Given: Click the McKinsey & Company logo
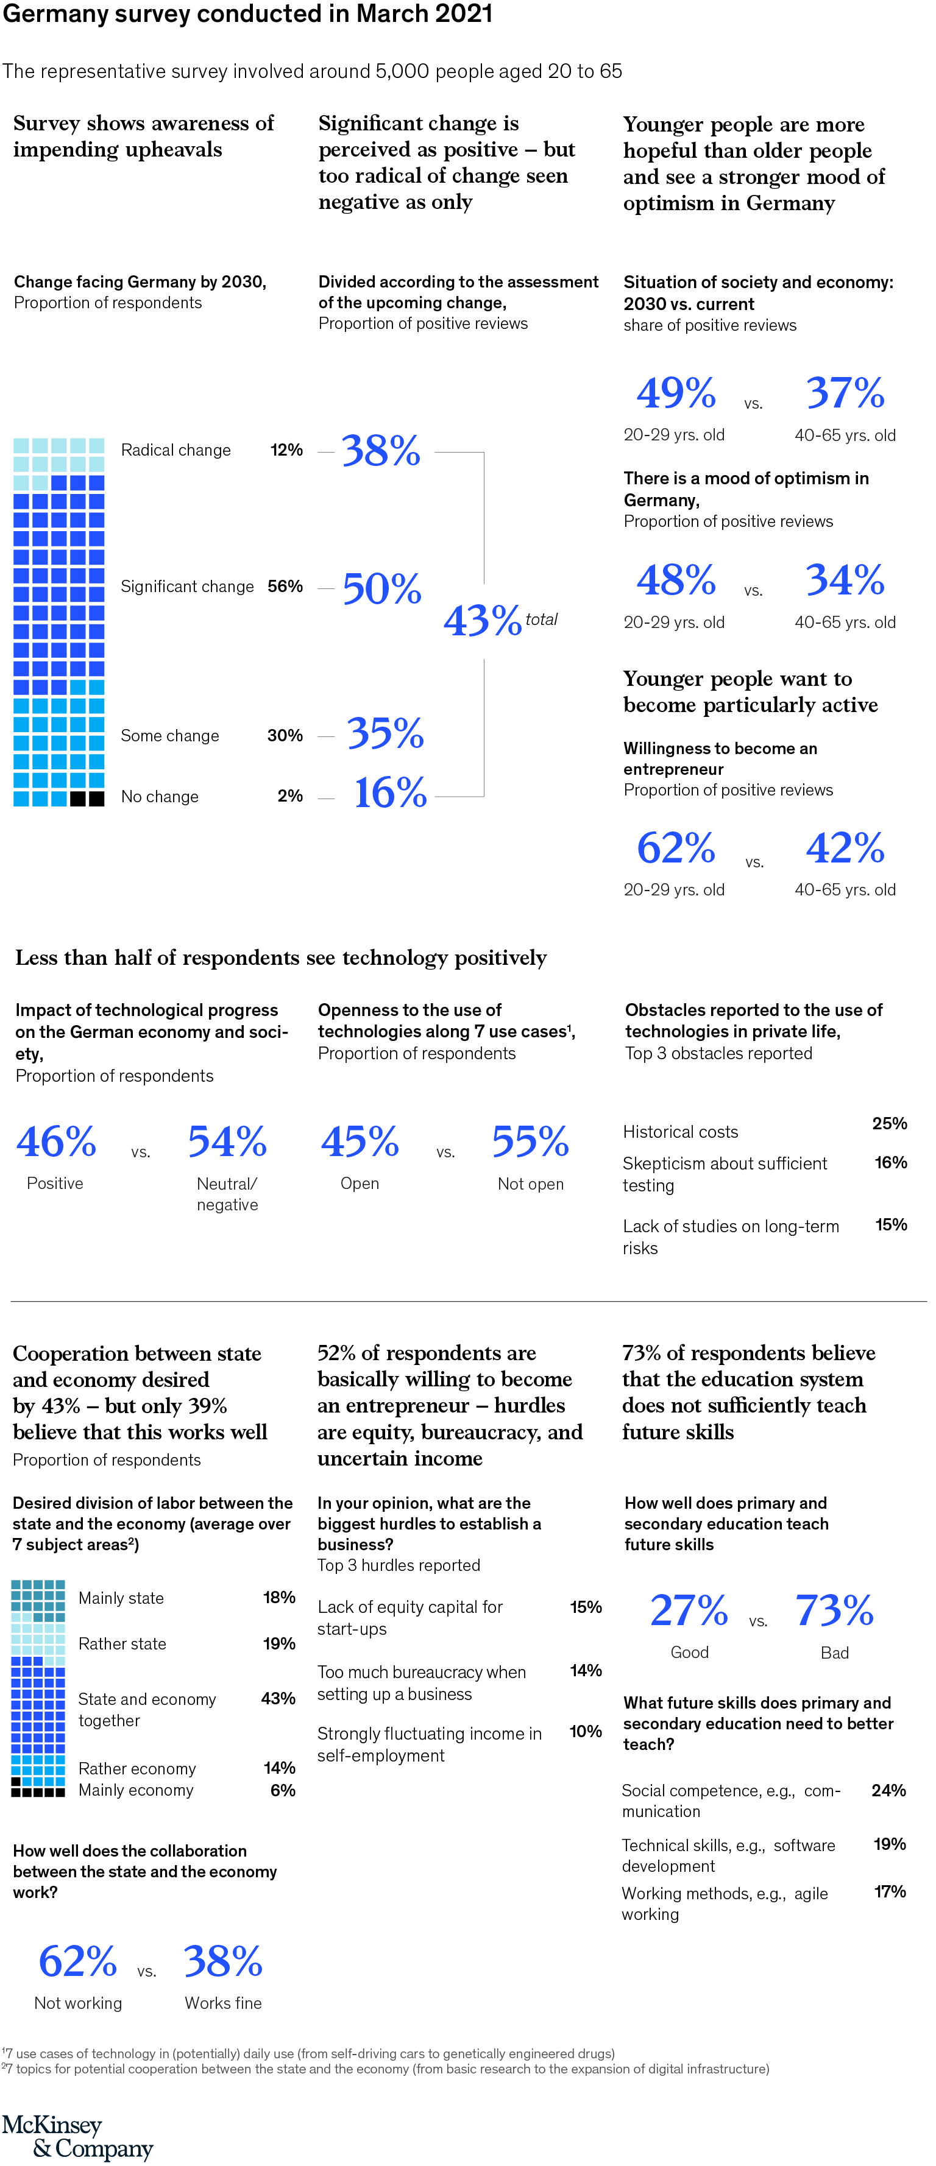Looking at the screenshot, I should click(x=77, y=2137).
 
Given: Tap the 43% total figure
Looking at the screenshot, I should click(x=484, y=621).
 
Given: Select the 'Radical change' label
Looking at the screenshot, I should click(x=175, y=450).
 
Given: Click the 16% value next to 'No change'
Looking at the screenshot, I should click(x=390, y=793).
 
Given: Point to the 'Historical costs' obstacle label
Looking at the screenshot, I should click(x=680, y=1132).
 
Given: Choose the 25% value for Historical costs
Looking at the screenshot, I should click(x=889, y=1123).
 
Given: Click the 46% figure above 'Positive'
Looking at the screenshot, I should click(x=56, y=1142).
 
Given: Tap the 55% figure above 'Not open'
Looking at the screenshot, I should click(x=531, y=1142).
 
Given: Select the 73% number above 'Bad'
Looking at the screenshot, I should click(x=834, y=1610).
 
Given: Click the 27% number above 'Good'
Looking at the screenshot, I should click(x=689, y=1610).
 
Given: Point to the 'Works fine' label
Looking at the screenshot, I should click(x=223, y=2003).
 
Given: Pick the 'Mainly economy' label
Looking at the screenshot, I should click(x=136, y=1790).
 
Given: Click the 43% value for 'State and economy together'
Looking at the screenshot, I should click(x=278, y=1698).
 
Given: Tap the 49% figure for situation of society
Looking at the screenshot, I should click(x=676, y=393).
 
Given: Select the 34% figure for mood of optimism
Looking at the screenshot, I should click(x=845, y=580).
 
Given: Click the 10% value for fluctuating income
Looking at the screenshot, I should click(x=586, y=1731).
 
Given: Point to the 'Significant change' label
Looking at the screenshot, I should click(x=186, y=586).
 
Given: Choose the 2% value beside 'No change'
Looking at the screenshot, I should click(x=290, y=795).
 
